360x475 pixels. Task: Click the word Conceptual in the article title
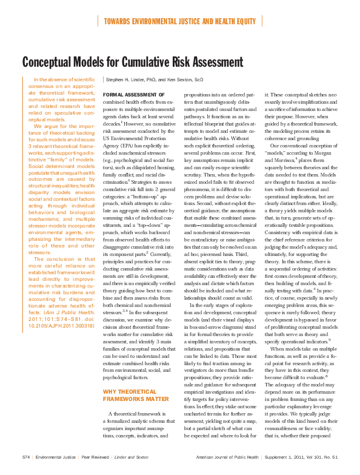point(51,62)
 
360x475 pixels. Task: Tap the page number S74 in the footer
point(26,457)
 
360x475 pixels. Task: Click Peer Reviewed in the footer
point(98,457)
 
